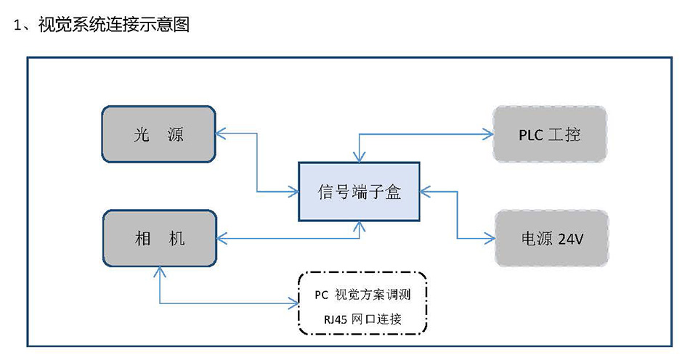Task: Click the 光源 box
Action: click(x=159, y=134)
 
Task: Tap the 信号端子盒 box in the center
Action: click(x=359, y=192)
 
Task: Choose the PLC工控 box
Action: click(x=550, y=134)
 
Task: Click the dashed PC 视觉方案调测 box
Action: click(x=362, y=303)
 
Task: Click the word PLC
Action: click(x=532, y=135)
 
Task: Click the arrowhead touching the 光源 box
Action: click(x=220, y=134)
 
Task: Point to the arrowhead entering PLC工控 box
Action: click(x=488, y=134)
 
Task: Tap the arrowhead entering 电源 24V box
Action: click(x=489, y=238)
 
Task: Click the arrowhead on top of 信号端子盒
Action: click(x=357, y=157)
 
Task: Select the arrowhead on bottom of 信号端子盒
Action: click(x=357, y=226)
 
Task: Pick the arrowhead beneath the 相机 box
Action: click(x=159, y=271)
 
